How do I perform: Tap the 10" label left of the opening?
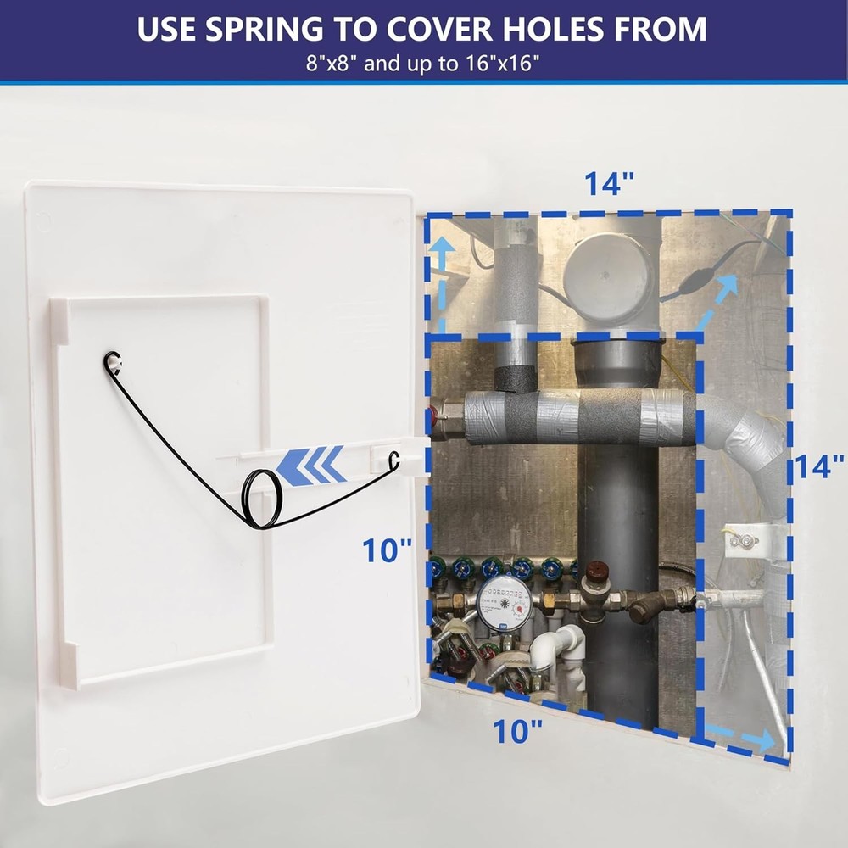tap(387, 550)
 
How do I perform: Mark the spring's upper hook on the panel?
tap(112, 363)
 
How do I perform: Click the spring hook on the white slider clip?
tap(393, 460)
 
